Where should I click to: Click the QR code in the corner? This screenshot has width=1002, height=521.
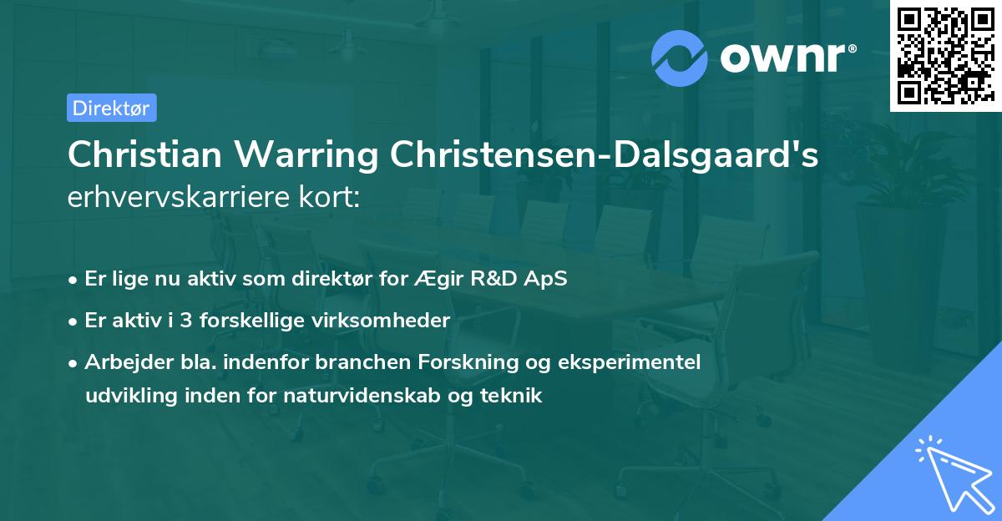click(945, 56)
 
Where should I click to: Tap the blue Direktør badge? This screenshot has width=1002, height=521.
click(111, 108)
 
